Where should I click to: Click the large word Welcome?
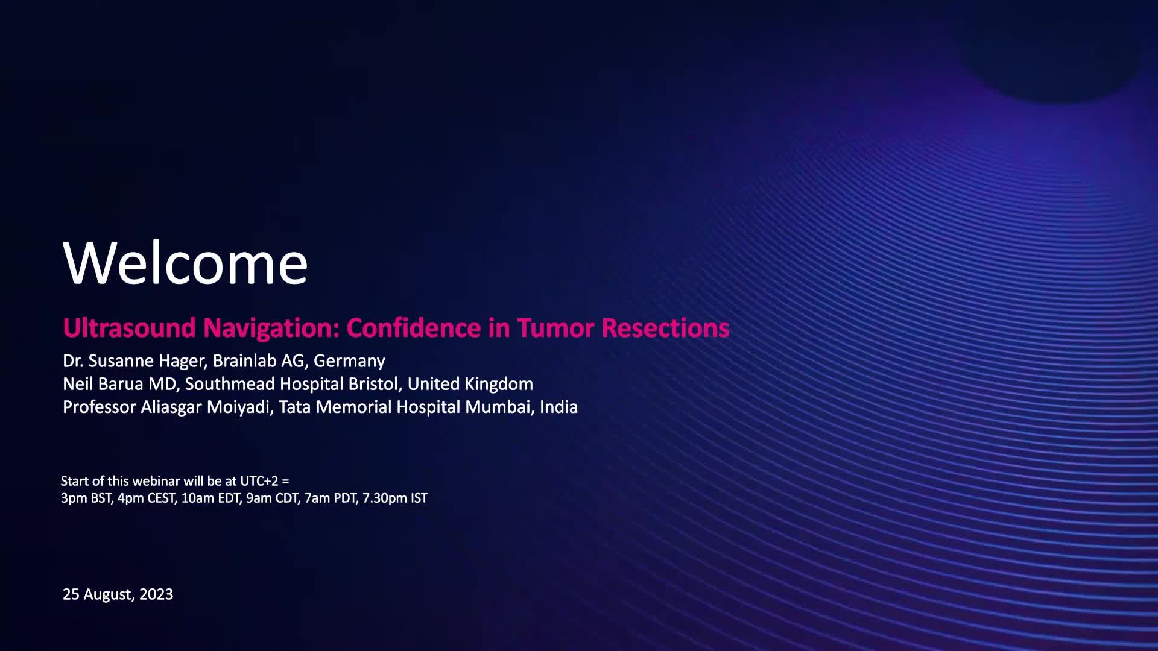[x=185, y=262]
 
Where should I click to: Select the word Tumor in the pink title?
[x=555, y=328]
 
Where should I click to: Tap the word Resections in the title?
[x=665, y=328]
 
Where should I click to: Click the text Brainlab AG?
[x=261, y=361]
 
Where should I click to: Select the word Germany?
[x=349, y=361]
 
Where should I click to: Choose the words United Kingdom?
[x=470, y=384]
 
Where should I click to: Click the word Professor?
[x=99, y=407]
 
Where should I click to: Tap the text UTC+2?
[x=259, y=481]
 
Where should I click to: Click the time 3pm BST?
[x=86, y=498]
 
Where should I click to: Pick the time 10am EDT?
[x=210, y=498]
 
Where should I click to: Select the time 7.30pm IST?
[x=395, y=498]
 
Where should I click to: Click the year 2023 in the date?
[x=156, y=594]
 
